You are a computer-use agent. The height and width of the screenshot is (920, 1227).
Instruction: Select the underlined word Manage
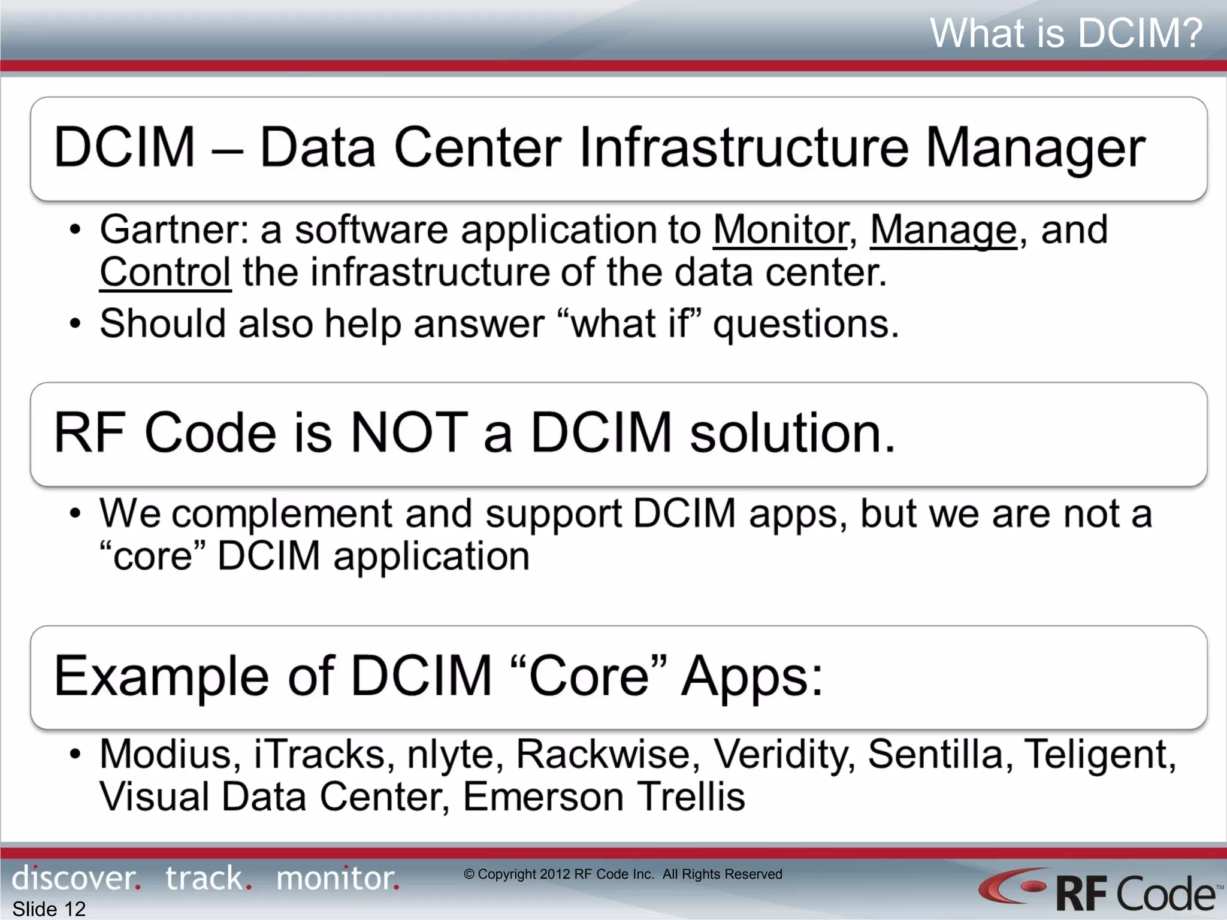click(x=943, y=231)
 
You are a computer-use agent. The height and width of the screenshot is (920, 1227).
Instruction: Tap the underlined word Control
click(x=165, y=273)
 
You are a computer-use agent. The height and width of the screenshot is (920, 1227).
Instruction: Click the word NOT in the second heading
click(x=409, y=432)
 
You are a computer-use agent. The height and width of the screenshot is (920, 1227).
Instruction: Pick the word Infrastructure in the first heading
click(x=744, y=147)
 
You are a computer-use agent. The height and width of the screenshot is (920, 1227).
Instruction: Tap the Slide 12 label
click(x=49, y=909)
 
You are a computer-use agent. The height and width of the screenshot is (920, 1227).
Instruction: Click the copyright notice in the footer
click(x=623, y=874)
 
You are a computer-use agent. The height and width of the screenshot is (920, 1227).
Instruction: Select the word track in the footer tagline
click(x=205, y=879)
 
